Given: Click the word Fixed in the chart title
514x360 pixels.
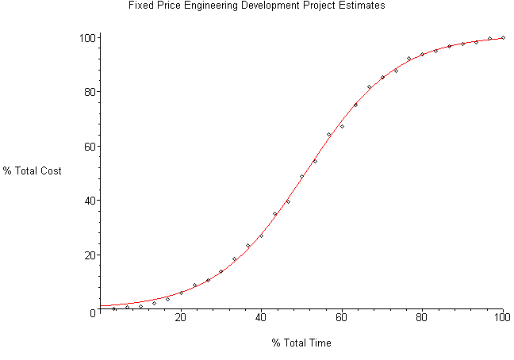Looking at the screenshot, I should tap(139, 6).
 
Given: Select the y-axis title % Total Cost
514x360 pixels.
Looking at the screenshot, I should tap(32, 170).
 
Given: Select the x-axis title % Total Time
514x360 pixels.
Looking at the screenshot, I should tap(301, 343).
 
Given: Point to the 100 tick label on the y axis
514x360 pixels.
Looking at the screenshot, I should tap(86, 38).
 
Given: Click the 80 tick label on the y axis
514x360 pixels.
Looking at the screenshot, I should tap(89, 92).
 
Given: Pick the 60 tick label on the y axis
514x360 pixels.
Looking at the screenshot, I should tap(89, 147).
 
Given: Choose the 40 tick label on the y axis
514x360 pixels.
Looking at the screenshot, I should tap(89, 201).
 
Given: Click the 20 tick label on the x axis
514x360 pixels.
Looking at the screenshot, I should tap(181, 319).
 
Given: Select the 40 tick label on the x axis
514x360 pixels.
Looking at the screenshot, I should tap(261, 319).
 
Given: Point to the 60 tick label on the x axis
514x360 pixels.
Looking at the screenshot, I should tap(342, 319).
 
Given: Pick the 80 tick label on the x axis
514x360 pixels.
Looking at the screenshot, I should tap(422, 319).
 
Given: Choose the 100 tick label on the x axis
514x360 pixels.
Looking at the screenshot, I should tap(502, 319).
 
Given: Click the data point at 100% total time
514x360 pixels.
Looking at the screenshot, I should tap(503, 37).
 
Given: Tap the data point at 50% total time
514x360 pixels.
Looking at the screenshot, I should tap(301, 176).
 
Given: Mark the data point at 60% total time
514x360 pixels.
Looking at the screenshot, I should tap(342, 126).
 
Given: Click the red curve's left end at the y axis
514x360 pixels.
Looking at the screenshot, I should tap(101, 305).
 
